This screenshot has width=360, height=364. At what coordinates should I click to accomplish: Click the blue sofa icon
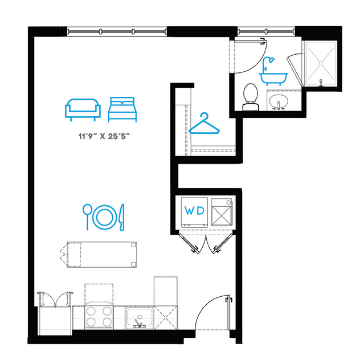[x=83, y=109]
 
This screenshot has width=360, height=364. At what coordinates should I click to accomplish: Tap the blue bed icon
[x=123, y=108]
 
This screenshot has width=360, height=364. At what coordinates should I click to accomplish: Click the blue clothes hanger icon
[x=204, y=123]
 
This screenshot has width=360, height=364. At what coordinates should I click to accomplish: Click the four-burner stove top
[x=99, y=316]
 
